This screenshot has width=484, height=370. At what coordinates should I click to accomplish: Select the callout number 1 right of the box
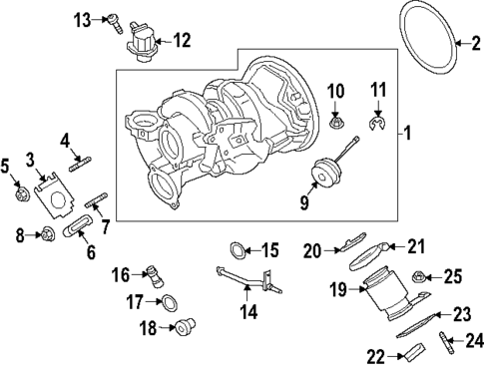[x=404, y=132]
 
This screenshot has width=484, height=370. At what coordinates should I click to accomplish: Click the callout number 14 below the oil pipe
[x=248, y=311]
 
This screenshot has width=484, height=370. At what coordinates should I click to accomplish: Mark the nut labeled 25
[x=421, y=276]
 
